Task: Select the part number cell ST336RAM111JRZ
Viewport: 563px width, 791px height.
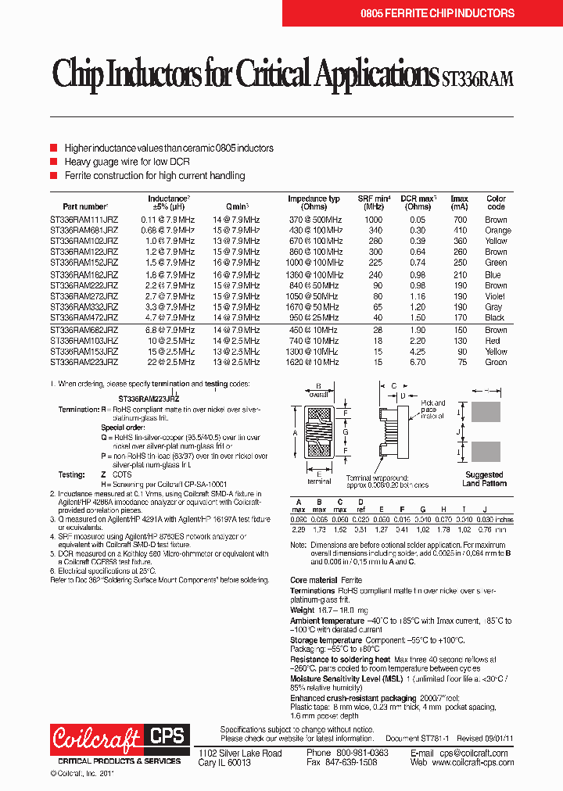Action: pos(84,220)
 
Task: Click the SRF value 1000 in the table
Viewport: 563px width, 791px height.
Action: pos(375,220)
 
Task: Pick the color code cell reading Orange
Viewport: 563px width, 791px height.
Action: pos(497,231)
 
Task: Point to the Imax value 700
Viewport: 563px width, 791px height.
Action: pos(460,220)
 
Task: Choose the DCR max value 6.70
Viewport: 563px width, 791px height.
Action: pos(418,362)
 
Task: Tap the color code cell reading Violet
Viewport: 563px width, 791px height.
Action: pos(496,297)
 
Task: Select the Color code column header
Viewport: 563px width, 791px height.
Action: pos(496,202)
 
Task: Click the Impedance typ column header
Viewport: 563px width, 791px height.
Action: pos(314,202)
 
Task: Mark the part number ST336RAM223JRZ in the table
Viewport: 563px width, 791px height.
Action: pos(84,362)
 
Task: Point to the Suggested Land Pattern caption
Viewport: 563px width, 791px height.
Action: pos(484,479)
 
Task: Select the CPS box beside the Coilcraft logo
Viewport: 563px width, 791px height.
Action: pos(166,736)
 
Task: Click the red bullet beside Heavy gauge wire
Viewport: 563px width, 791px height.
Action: pos(54,162)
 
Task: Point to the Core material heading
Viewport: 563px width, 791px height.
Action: pos(314,580)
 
